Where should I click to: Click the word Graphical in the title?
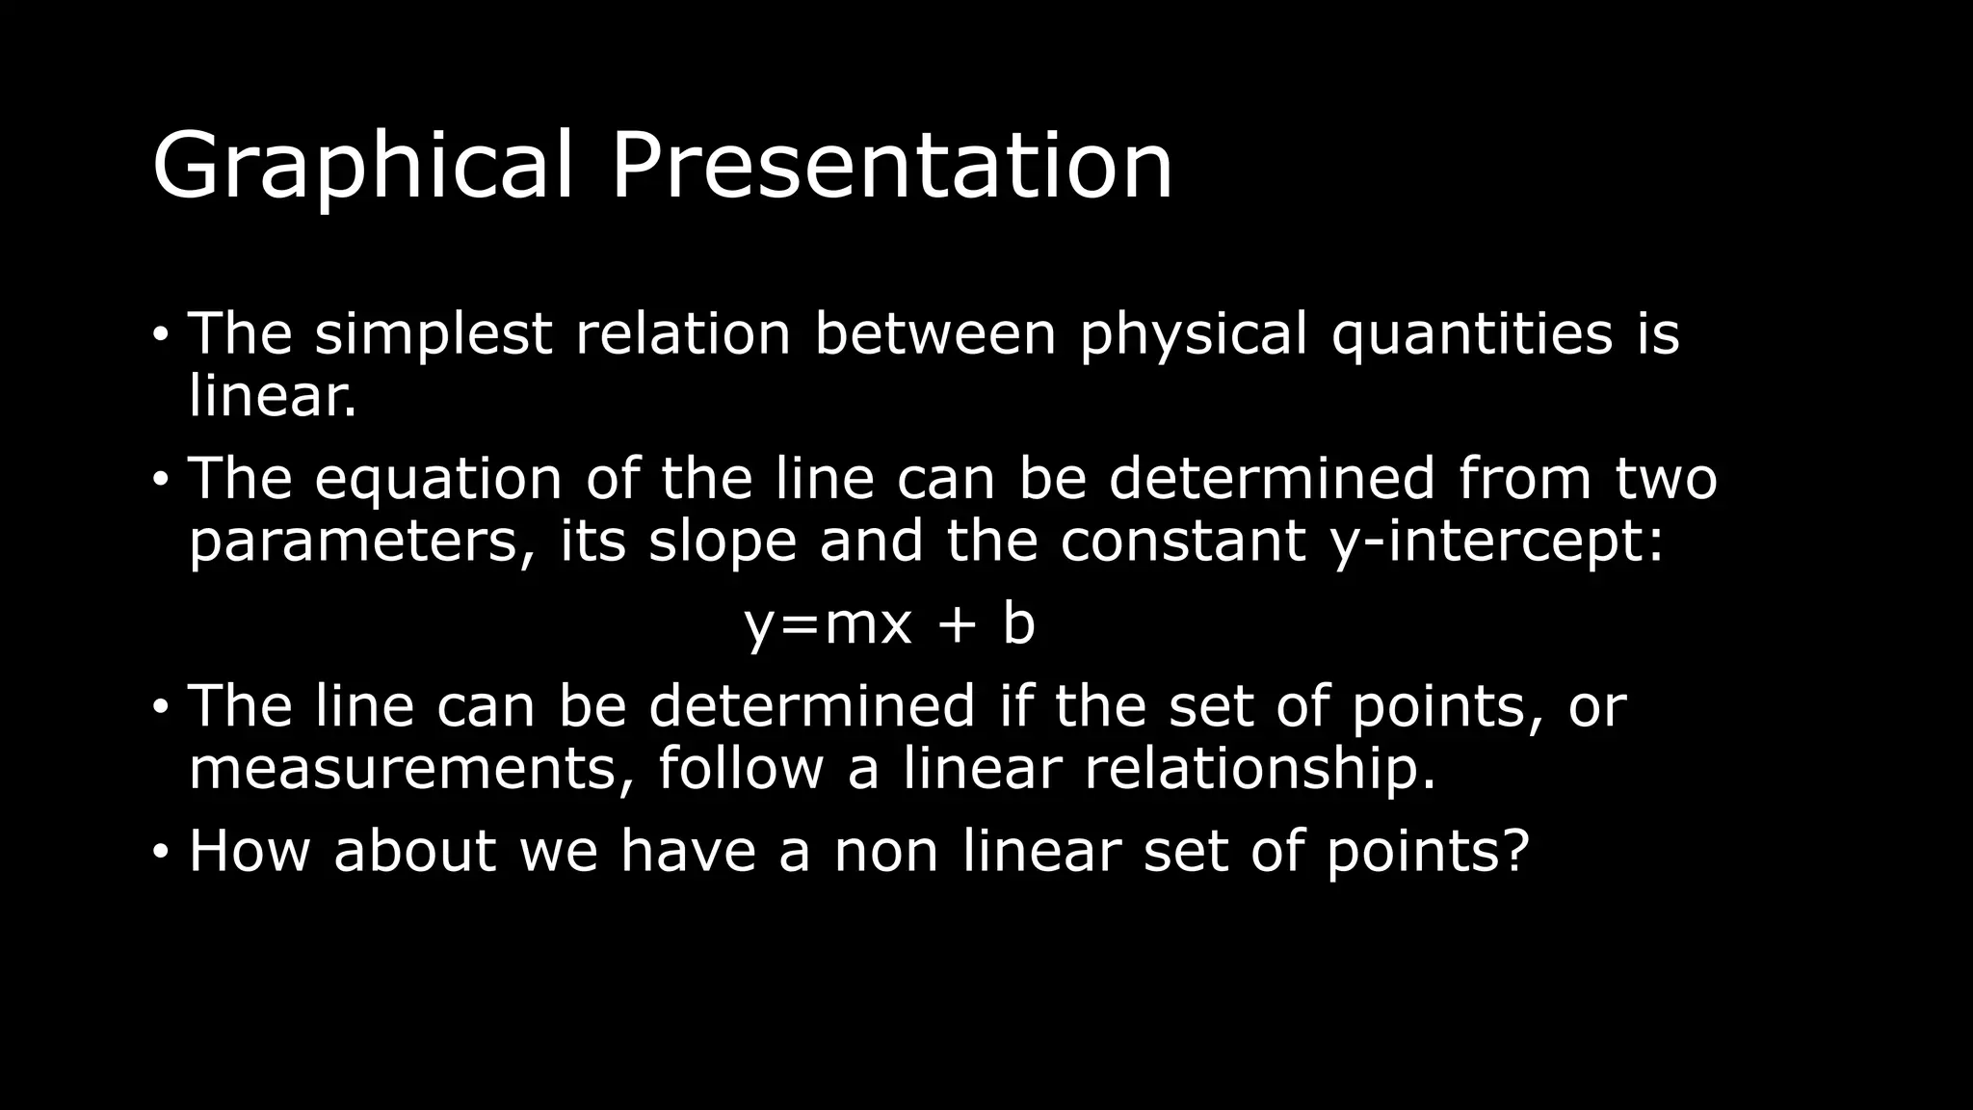tap(362, 166)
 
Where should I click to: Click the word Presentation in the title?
tap(891, 166)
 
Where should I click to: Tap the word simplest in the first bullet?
tap(434, 333)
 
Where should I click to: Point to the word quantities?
tap(1471, 333)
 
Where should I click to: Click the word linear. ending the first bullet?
tap(273, 396)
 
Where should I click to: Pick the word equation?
tap(438, 478)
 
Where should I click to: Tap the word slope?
tap(723, 541)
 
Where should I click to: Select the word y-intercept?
tap(1496, 541)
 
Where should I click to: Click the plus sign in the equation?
tap(957, 623)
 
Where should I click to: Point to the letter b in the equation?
tap(1018, 623)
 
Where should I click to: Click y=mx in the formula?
tap(828, 623)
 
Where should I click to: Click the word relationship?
tap(1260, 769)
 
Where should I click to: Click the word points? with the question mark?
tap(1428, 851)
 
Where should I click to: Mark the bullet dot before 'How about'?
tap(160, 853)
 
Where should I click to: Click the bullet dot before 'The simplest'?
tap(160, 335)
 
